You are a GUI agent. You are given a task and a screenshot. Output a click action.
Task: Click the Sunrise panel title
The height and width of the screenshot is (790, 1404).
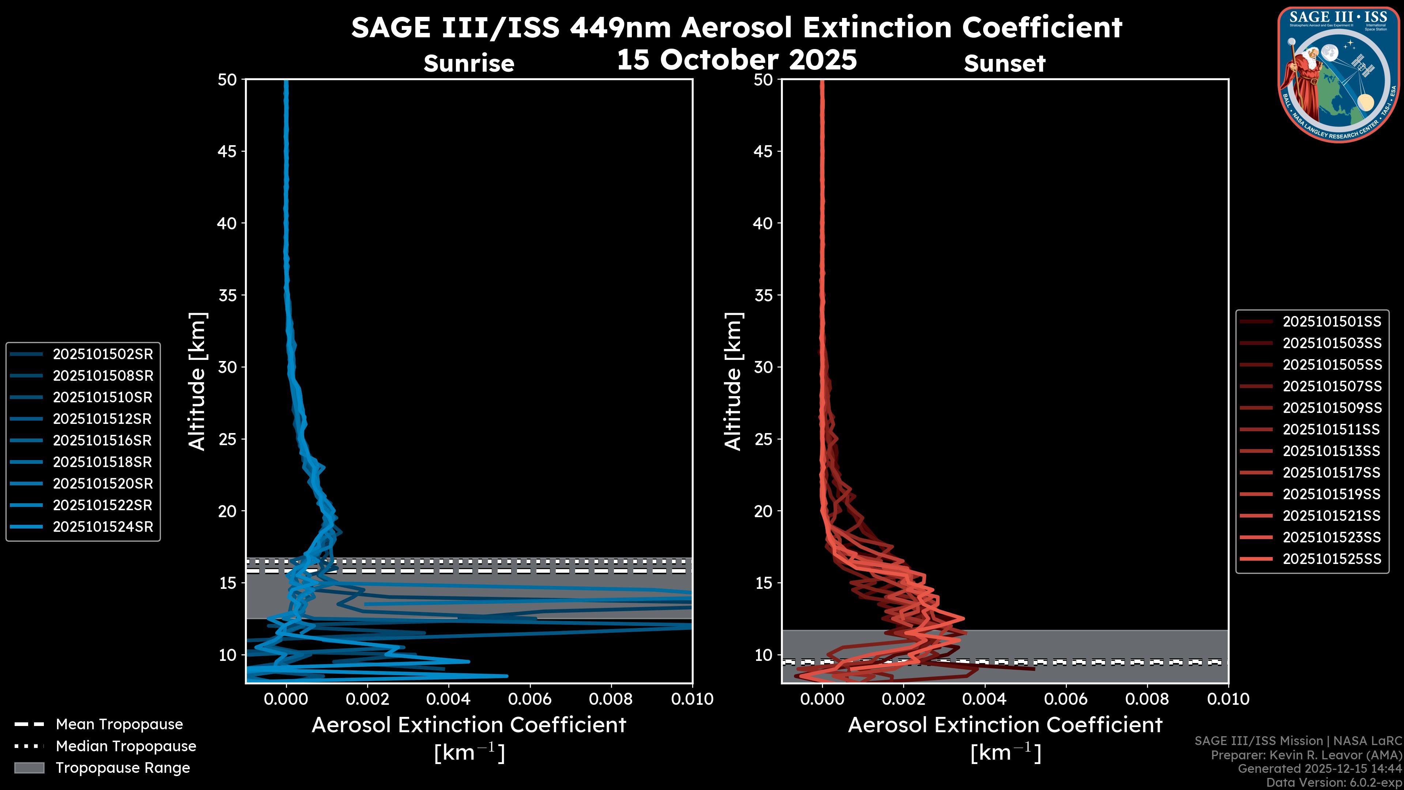(469, 63)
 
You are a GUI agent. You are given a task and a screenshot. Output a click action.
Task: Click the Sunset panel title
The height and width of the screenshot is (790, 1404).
(1004, 63)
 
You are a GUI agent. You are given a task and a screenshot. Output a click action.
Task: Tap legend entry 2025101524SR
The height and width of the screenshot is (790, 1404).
(102, 527)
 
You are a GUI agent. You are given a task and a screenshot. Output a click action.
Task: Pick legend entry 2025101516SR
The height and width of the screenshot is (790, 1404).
(102, 440)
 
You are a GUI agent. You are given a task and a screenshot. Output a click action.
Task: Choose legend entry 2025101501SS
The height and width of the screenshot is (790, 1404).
(1332, 322)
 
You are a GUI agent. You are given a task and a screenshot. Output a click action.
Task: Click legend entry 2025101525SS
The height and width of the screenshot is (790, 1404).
(1332, 559)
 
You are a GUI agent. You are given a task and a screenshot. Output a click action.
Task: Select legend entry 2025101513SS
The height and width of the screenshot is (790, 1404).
(1332, 451)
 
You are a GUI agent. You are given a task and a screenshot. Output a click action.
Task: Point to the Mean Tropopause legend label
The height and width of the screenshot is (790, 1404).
(119, 725)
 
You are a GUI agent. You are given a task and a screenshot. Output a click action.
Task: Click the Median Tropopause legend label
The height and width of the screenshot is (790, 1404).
(126, 746)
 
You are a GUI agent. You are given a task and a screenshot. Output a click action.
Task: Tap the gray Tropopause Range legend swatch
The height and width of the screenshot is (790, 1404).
(29, 768)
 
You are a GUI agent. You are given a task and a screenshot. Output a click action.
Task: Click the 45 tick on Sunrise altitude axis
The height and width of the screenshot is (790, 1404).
(227, 151)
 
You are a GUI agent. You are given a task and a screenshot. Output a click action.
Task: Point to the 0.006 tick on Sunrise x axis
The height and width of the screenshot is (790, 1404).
(529, 699)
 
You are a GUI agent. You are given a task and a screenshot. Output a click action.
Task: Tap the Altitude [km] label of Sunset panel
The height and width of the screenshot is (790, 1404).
(733, 381)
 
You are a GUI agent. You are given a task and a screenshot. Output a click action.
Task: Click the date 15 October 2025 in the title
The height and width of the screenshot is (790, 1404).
(736, 59)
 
